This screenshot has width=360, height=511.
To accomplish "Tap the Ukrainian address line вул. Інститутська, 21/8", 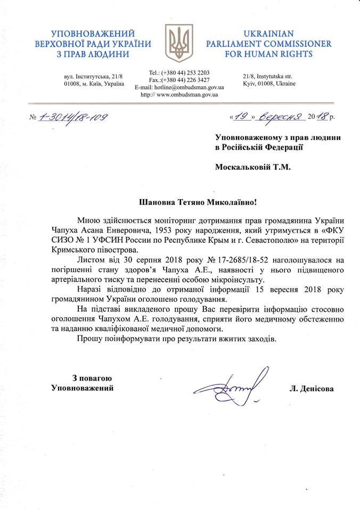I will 93,77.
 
